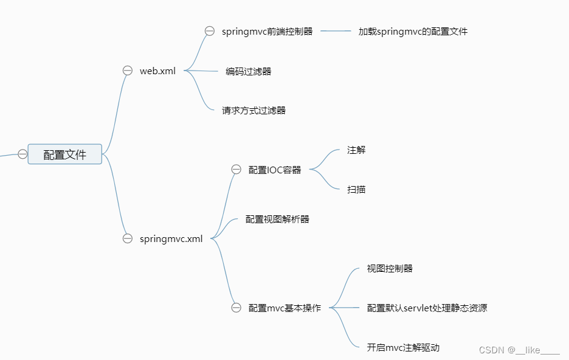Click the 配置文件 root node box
click(x=65, y=154)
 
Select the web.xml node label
click(x=157, y=71)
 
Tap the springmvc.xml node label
click(x=171, y=238)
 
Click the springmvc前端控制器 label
click(x=267, y=31)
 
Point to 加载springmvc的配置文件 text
click(x=413, y=31)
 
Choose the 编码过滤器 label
click(x=249, y=71)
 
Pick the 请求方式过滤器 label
click(x=253, y=110)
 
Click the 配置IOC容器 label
click(x=275, y=170)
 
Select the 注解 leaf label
click(x=356, y=150)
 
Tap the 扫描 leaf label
click(x=356, y=189)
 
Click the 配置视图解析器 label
click(x=277, y=219)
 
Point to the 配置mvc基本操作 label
click(x=284, y=308)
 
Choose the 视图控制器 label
click(x=390, y=268)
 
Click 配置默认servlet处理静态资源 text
click(x=427, y=308)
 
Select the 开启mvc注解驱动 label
click(x=403, y=347)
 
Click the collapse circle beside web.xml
click(x=128, y=71)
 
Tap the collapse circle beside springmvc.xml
click(x=128, y=238)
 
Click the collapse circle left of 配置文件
click(x=22, y=154)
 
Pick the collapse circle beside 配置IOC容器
click(x=236, y=170)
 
